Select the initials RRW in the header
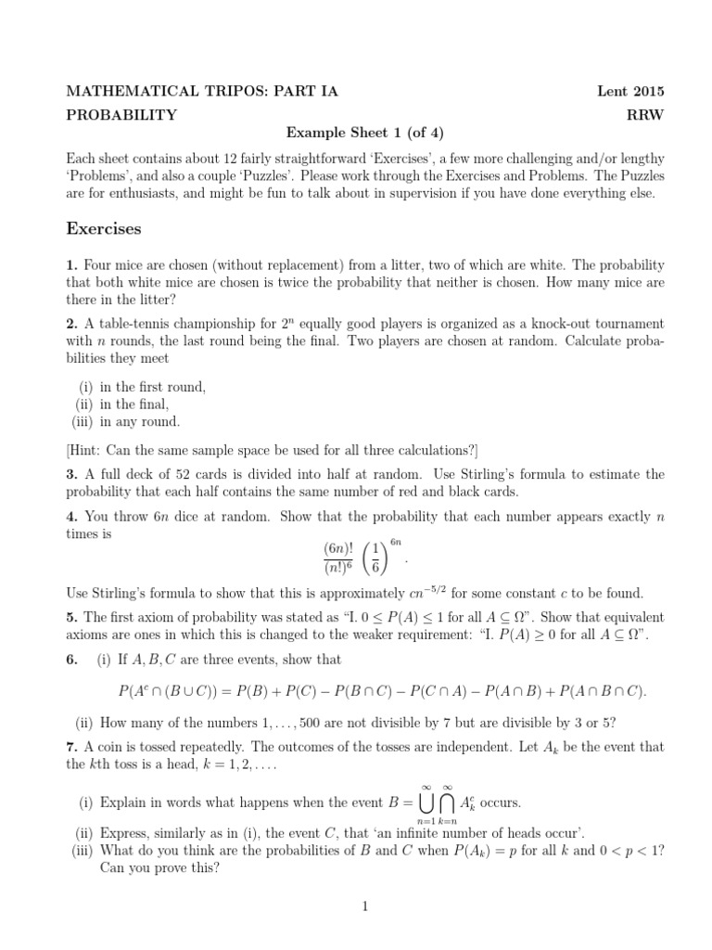[x=646, y=115]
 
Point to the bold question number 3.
[x=70, y=474]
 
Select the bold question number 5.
[x=70, y=616]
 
